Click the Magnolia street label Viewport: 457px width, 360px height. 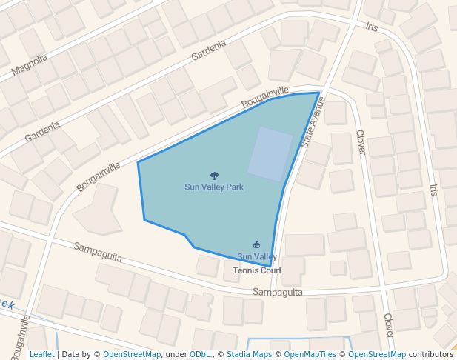(x=30, y=67)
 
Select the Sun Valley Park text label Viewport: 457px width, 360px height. (x=214, y=187)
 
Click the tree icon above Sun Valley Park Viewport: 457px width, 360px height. (x=214, y=176)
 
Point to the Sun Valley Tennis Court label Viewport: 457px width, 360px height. (x=257, y=264)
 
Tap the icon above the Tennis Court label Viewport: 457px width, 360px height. (x=257, y=244)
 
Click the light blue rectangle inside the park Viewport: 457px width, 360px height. (x=270, y=154)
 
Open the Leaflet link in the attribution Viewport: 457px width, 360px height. (x=41, y=355)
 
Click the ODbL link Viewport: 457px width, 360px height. (x=200, y=355)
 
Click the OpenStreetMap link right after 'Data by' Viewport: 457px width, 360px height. (x=132, y=355)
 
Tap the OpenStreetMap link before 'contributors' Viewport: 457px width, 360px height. (x=377, y=355)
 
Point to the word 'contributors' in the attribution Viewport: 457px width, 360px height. (x=431, y=355)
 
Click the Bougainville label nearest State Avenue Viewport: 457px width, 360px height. (x=265, y=96)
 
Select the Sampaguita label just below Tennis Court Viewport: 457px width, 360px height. (x=278, y=292)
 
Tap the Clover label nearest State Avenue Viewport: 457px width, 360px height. (x=361, y=142)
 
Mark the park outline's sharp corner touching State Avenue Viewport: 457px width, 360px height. (x=319, y=93)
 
